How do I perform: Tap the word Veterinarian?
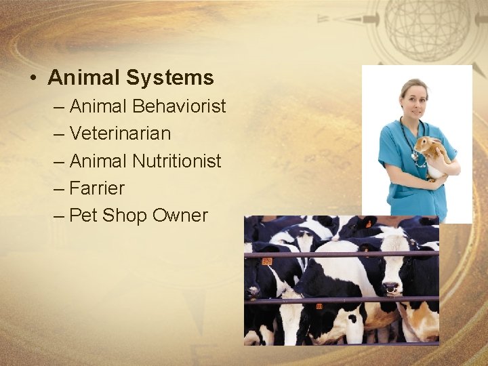[120, 134]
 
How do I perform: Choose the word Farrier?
[97, 188]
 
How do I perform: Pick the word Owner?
[180, 216]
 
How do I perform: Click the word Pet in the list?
[84, 216]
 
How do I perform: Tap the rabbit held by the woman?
[432, 152]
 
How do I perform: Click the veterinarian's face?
[414, 98]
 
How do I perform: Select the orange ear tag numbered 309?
[267, 261]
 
